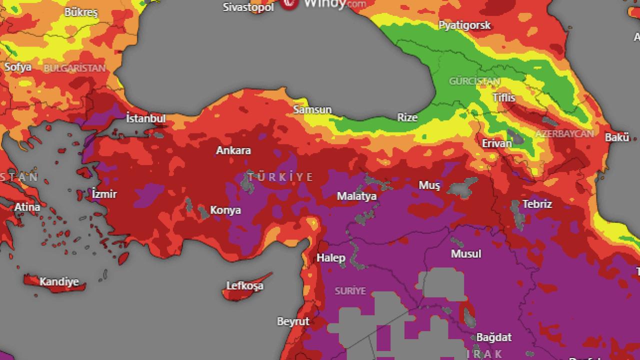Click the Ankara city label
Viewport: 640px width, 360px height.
coord(233,150)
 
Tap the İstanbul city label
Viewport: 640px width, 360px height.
coord(145,119)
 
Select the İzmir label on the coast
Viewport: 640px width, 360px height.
coord(104,194)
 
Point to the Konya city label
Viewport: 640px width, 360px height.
coord(225,210)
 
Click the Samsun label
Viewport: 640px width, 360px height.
coord(312,109)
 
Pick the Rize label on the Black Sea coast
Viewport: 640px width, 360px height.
coord(407,117)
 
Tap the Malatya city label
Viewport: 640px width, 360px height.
coord(356,196)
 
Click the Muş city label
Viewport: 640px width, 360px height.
coord(429,185)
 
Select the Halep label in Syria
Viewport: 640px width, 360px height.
coord(330,258)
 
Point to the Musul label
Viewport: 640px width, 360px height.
coord(465,254)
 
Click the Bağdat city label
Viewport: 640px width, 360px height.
coord(493,337)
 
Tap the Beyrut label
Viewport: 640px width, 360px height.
coord(293,321)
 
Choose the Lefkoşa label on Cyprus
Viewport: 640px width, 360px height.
coord(244,286)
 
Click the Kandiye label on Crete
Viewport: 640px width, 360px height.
coord(59,282)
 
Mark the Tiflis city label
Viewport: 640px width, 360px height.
coord(503,97)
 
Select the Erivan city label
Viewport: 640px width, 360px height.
coord(496,143)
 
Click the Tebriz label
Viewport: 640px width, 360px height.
coord(537,204)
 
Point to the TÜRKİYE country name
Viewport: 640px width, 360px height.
coord(280,177)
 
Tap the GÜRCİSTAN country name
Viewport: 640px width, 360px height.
coord(474,81)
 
